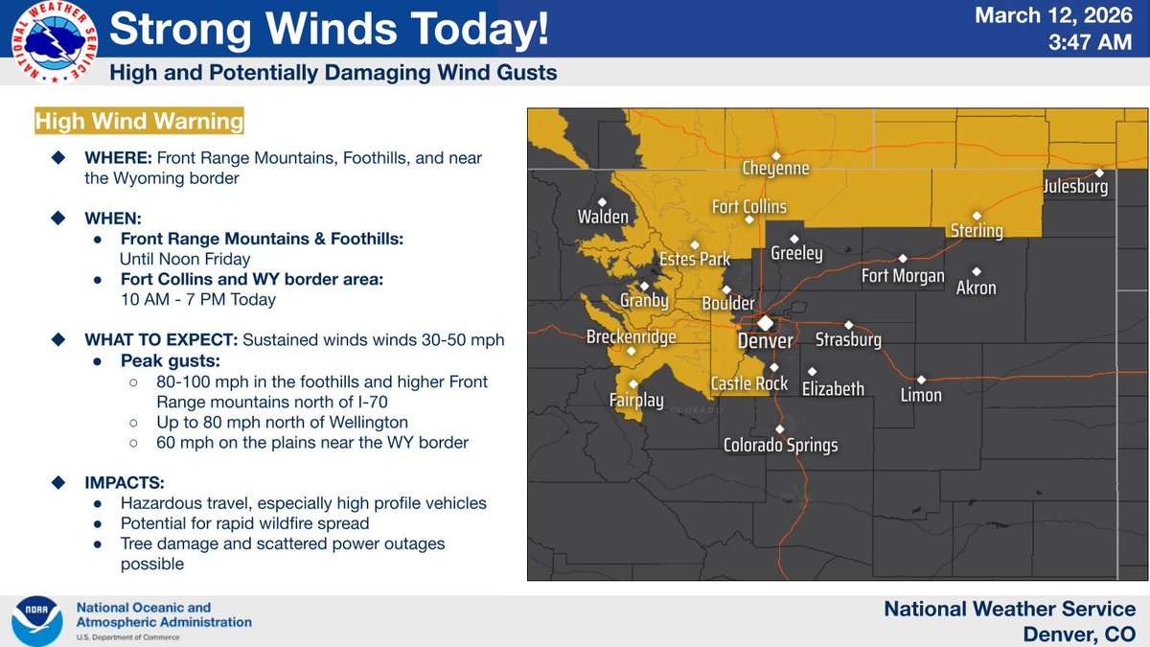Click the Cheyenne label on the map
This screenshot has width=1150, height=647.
(776, 169)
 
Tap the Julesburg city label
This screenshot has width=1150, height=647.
(1076, 187)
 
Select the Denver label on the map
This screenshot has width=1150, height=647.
(765, 341)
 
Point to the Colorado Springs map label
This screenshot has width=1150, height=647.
(780, 445)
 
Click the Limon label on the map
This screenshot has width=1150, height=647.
(920, 395)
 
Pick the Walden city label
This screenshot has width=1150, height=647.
(603, 217)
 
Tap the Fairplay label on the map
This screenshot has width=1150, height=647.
(636, 401)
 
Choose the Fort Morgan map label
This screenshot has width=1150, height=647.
(903, 276)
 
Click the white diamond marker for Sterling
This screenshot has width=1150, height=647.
(977, 216)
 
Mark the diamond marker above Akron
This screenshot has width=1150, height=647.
(977, 271)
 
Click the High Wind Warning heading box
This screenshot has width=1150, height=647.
(138, 123)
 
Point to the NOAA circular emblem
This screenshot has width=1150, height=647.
(35, 621)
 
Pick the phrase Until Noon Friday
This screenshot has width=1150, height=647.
(185, 259)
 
